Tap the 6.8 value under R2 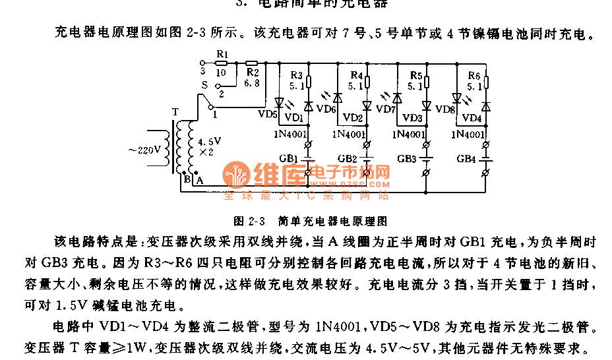251,84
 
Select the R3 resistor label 297,75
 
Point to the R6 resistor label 474,75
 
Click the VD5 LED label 267,114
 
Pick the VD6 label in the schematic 326,109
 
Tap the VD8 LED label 445,109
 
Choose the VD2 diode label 353,118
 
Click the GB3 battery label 406,159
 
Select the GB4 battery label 466,159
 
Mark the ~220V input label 144,149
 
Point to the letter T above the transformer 174,111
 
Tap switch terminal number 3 203,69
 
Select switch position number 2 221,94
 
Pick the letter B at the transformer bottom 187,179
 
